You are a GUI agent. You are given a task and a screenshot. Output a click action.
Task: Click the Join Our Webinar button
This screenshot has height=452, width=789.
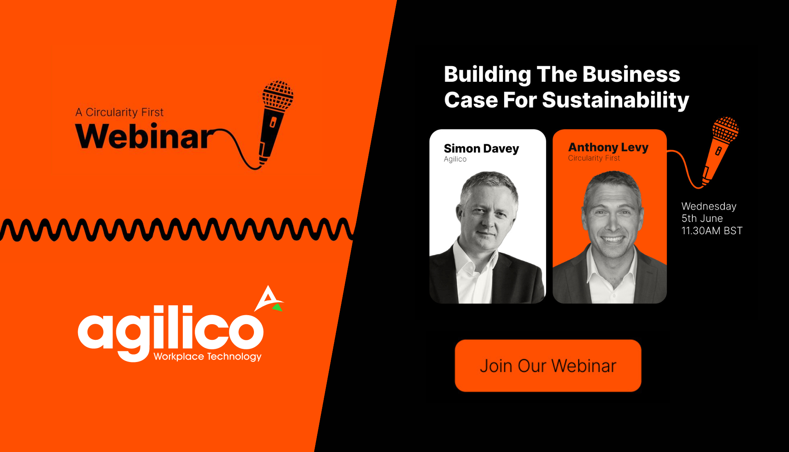(x=548, y=365)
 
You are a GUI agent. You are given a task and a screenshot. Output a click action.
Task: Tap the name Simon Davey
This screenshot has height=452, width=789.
(x=481, y=148)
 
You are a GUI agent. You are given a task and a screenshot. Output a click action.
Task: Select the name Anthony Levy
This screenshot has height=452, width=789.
(x=608, y=147)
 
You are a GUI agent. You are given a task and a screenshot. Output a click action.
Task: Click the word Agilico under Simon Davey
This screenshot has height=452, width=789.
(x=455, y=159)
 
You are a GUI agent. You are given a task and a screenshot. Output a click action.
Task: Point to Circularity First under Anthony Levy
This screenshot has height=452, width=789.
(x=594, y=158)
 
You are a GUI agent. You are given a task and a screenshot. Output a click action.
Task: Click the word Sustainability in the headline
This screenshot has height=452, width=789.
(x=615, y=100)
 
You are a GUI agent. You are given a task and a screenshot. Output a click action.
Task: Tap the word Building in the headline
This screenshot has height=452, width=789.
(x=487, y=74)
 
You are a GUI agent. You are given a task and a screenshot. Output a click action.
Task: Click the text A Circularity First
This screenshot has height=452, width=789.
(x=119, y=112)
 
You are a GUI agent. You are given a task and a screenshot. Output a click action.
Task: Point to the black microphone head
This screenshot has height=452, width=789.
(x=278, y=95)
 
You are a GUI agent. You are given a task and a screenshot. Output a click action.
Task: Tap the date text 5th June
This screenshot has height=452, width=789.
(x=702, y=218)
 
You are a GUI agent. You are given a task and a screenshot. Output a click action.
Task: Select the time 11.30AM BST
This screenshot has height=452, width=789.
(x=712, y=231)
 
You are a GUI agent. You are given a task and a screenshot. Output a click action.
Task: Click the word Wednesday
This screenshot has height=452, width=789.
(x=708, y=206)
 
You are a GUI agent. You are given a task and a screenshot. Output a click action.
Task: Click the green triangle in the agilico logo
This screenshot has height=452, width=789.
(x=278, y=307)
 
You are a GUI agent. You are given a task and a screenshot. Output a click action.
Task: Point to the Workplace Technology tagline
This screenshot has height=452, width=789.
(x=208, y=356)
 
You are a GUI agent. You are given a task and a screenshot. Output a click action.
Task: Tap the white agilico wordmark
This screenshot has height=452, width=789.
(x=171, y=331)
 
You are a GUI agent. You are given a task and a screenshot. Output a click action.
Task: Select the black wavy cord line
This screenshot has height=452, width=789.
(x=177, y=229)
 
